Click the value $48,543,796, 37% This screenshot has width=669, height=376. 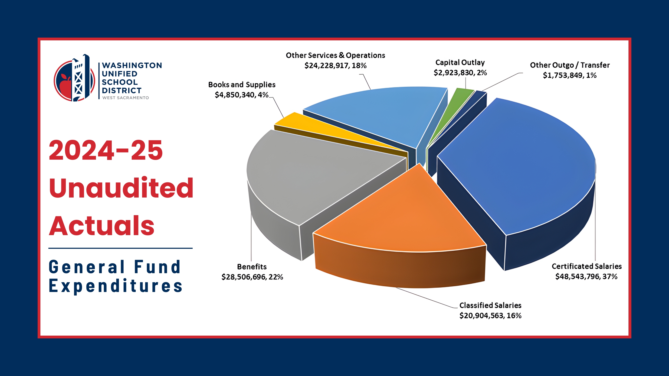pos(586,277)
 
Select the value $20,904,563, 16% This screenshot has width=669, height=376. pos(490,316)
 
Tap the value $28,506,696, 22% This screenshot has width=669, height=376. pos(252,277)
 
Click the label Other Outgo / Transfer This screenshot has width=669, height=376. pos(570,65)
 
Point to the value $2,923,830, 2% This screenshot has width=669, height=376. pos(460,73)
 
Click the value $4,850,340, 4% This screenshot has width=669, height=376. pos(241,95)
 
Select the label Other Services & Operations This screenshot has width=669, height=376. pos(335,55)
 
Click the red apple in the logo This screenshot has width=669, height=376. pos(65,86)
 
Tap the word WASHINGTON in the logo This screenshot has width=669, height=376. pos(132,65)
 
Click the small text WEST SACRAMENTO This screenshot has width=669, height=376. pos(125,98)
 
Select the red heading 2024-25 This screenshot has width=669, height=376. pos(106,150)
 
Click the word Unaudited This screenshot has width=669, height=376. pos(121,188)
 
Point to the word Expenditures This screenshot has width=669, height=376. pos(116,286)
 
